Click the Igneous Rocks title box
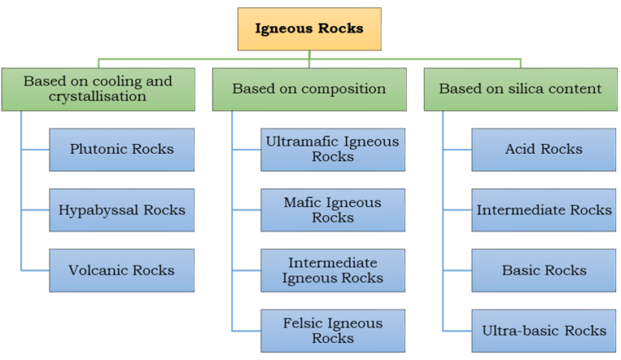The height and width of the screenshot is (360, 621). [309, 29]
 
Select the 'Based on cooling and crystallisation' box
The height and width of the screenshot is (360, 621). [98, 89]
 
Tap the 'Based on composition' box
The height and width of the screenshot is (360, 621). [309, 89]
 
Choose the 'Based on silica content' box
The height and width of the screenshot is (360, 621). [520, 89]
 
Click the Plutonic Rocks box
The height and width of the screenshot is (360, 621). [121, 149]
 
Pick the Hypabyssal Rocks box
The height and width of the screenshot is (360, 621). [121, 210]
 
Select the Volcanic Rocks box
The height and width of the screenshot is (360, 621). [121, 270]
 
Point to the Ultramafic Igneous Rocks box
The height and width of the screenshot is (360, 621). [332, 149]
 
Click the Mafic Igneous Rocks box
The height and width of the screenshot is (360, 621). [332, 210]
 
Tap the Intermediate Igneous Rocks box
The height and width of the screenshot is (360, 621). [332, 270]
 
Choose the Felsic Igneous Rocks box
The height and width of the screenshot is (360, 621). [332, 331]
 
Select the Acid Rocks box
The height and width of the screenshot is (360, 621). [543, 149]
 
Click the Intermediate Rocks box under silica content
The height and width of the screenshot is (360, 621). [543, 210]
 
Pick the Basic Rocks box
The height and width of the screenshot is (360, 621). [543, 270]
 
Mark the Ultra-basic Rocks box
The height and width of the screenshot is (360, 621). [543, 331]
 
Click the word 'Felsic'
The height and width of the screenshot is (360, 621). [304, 324]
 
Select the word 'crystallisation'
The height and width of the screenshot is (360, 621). [98, 96]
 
